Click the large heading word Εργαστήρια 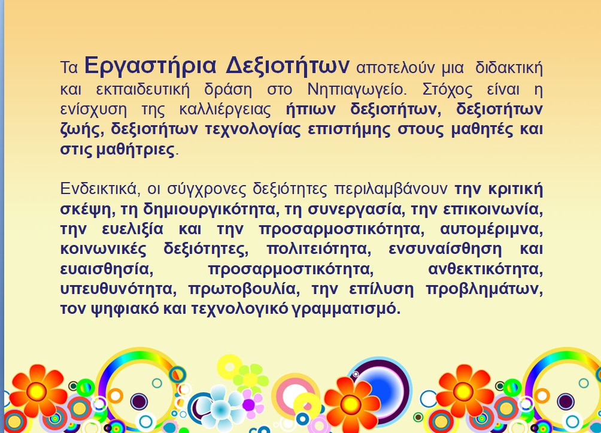pos(151,66)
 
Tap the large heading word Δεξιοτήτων pos(287,66)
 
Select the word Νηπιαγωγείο pos(356,90)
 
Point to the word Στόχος pos(447,90)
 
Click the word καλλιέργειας pos(225,110)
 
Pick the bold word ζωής pos(82,130)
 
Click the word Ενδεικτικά pos(98,189)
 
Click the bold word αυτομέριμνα pos(491,229)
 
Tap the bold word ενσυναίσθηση pos(445,249)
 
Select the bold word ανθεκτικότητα pos(485,270)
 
